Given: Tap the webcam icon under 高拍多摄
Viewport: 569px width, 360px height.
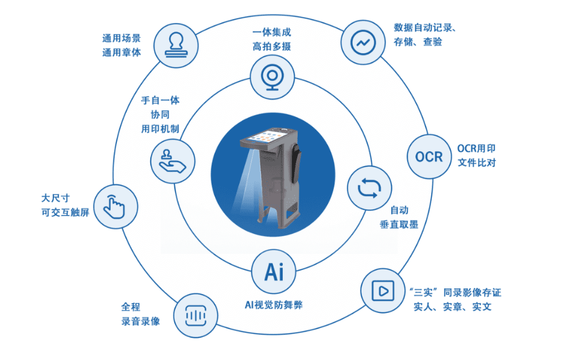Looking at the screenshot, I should pos(272,77).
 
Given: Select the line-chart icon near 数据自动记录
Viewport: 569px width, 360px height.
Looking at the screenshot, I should pos(363,43).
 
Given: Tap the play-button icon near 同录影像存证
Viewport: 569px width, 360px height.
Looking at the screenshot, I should pos(380,291).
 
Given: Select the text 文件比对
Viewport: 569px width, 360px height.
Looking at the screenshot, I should pos(476,163).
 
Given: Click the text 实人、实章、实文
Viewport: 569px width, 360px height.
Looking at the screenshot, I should pos(453,307).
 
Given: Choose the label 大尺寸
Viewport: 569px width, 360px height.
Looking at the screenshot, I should pos(55,198).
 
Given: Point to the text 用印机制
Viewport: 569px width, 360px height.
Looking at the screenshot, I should pos(161,129).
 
